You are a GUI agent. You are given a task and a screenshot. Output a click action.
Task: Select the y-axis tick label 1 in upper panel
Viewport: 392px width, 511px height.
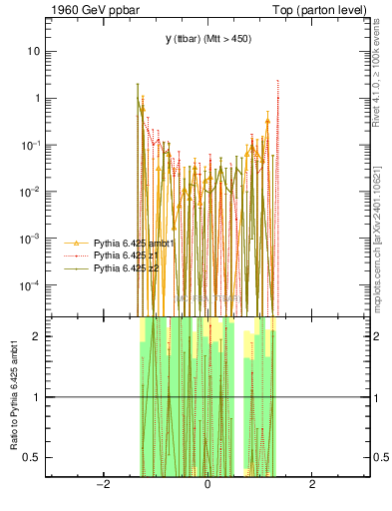[x=38, y=98]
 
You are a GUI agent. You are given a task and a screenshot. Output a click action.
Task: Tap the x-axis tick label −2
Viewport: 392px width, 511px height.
[x=102, y=484]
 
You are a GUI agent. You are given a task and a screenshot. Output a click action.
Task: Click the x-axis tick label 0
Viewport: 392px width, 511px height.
[x=207, y=484]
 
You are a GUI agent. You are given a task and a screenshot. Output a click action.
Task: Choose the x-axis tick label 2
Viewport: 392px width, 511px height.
[x=313, y=484]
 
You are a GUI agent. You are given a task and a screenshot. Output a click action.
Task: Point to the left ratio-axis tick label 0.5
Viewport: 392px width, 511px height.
[x=33, y=458]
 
